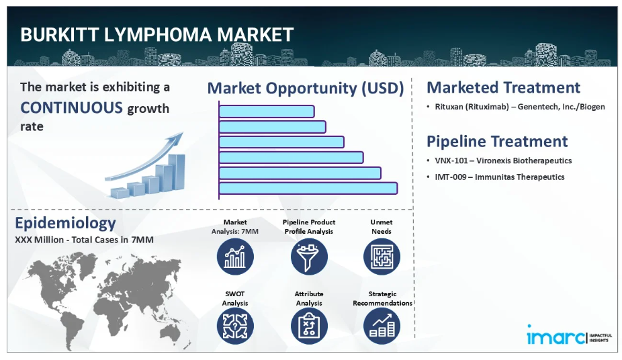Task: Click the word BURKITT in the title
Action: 60,35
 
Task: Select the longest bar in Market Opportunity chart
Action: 308,188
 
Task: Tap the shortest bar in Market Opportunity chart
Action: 267,111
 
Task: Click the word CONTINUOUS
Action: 71,108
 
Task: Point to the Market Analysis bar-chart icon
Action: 235,257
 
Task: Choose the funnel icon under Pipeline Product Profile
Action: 309,257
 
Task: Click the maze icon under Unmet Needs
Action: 382,257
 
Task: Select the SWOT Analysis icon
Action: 235,326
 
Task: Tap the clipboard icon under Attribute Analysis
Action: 309,326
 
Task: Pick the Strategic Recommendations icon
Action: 382,326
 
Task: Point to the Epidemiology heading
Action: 65,224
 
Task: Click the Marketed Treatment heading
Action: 503,87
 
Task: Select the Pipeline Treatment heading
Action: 497,142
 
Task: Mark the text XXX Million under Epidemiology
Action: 39,240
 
